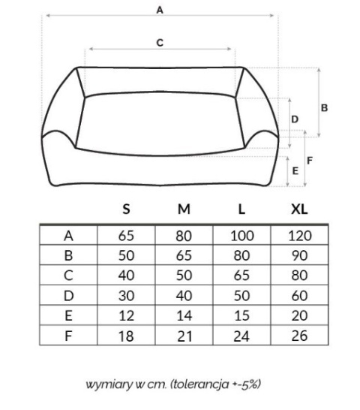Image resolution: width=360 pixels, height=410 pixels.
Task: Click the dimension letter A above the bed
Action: pos(160,11)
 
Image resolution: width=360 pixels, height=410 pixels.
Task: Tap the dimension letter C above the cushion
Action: pos(160,43)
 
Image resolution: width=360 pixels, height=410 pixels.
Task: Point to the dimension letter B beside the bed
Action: pos(324,107)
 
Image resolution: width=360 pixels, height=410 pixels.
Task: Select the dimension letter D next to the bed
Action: pos(295,119)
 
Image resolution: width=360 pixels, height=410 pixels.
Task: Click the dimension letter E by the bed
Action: pos(295,171)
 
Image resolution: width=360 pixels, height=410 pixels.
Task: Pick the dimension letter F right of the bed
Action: pos(310,161)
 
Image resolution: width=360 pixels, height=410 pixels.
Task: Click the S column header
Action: pos(126,210)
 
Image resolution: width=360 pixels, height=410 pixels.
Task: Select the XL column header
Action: pos(299,210)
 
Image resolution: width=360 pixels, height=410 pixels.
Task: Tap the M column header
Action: pos(184,210)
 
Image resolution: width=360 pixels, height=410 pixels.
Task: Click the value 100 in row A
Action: pos(242,236)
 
